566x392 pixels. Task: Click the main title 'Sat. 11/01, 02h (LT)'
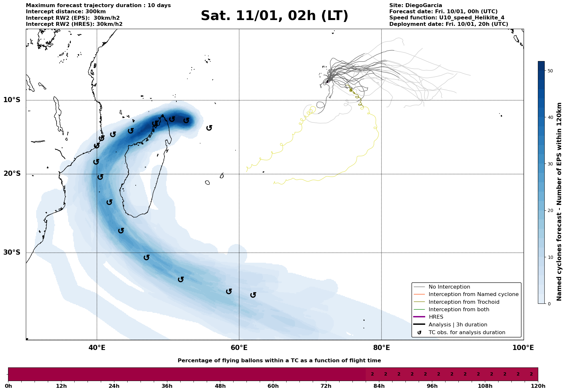coord(274,16)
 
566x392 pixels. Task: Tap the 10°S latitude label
coord(12,100)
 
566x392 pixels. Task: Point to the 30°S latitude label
coord(12,252)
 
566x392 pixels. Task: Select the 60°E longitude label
coord(239,348)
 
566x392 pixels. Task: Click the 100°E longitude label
coord(523,348)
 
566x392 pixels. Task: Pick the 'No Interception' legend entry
coord(449,287)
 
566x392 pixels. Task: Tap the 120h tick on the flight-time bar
coord(538,386)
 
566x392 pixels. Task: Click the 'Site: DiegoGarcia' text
coord(416,5)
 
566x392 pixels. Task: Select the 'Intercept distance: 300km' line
coord(66,12)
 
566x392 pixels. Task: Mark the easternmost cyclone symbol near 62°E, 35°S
coord(253,295)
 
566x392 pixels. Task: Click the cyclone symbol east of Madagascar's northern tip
coord(209,128)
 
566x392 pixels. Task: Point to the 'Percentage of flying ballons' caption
coord(279,361)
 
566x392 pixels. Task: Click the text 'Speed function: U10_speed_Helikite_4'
coord(447,18)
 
